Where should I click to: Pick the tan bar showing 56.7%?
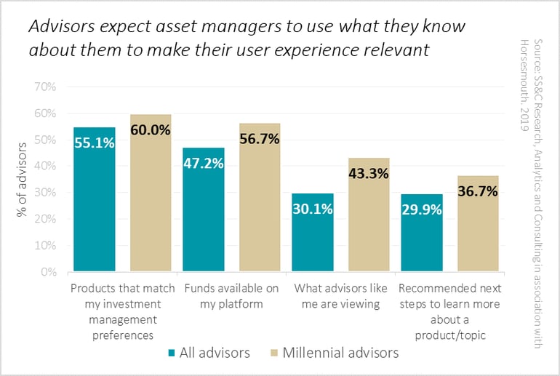(x=260, y=197)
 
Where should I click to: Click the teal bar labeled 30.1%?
(x=313, y=232)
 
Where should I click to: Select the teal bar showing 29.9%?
(x=422, y=233)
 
